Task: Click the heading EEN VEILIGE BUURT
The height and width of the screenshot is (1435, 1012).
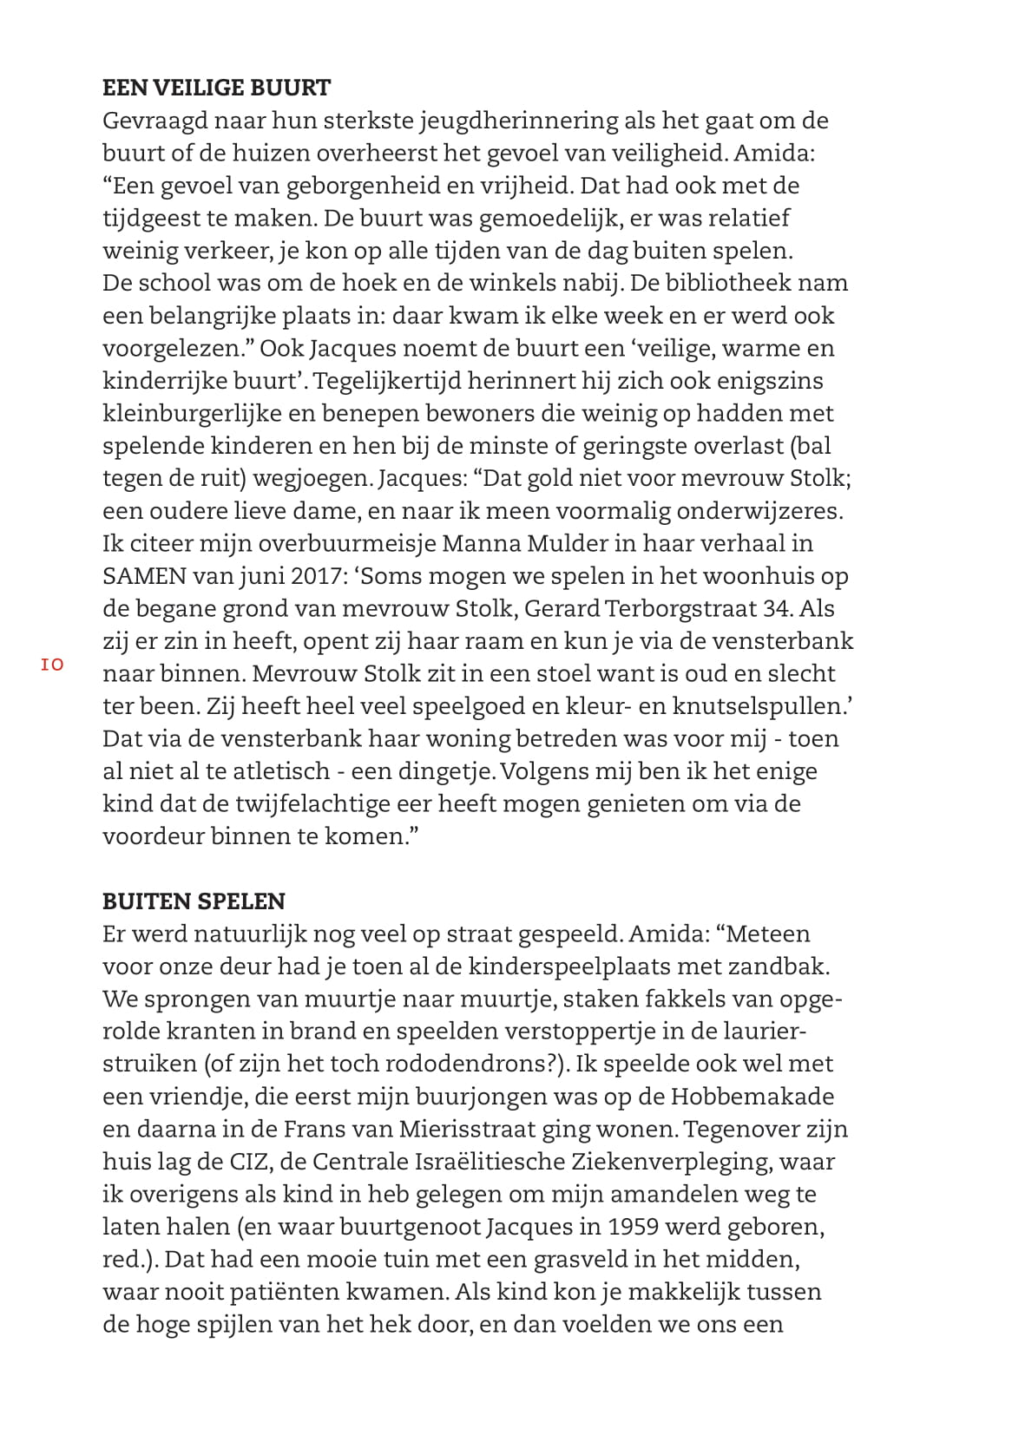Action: point(216,88)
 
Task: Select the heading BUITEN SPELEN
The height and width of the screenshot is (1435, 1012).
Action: point(194,901)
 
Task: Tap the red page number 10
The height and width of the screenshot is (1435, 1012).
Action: point(52,665)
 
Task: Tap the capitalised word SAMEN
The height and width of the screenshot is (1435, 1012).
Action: point(142,576)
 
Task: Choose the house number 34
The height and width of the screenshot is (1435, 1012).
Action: point(778,608)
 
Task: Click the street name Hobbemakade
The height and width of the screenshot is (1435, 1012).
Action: point(752,1097)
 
